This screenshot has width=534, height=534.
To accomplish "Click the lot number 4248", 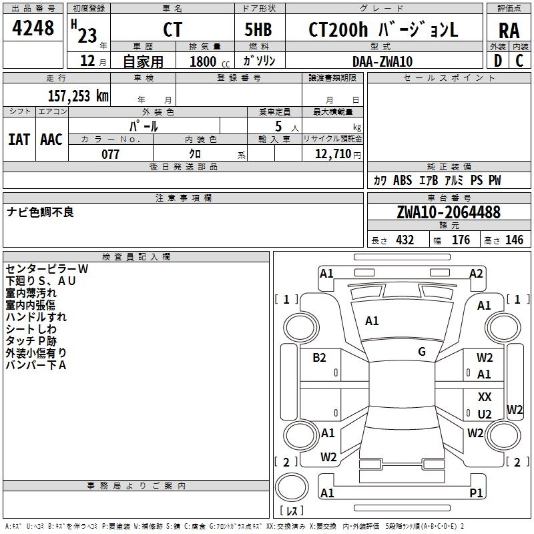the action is (33, 28).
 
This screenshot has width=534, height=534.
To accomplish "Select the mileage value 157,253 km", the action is (78, 96).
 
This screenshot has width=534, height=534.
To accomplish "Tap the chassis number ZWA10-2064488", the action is (449, 212).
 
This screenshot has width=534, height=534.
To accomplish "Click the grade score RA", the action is (509, 31).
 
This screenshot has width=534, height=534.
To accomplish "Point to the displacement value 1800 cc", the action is (210, 61).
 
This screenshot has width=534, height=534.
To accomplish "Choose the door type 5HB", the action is (258, 29).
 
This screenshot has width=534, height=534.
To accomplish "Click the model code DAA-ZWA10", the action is (382, 61).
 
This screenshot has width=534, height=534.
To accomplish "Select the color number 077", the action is (110, 154).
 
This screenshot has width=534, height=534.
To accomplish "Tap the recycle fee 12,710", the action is (332, 154).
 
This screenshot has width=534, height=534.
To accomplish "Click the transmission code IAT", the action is (19, 140).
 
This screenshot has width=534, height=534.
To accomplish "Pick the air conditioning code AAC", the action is (51, 140).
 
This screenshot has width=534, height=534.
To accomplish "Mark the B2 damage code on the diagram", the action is (319, 358).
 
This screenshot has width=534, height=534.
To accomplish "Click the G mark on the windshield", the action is (422, 352).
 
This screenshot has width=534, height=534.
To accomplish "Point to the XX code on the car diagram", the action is (485, 396).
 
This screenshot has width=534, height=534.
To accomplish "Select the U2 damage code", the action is (485, 414).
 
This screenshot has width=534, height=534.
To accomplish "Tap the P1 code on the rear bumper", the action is (476, 493).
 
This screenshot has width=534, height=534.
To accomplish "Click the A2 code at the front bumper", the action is (476, 274).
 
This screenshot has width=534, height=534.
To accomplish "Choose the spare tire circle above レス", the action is (292, 487).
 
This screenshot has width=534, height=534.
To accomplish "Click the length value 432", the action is (405, 240).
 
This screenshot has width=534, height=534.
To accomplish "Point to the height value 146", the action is (514, 240).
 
